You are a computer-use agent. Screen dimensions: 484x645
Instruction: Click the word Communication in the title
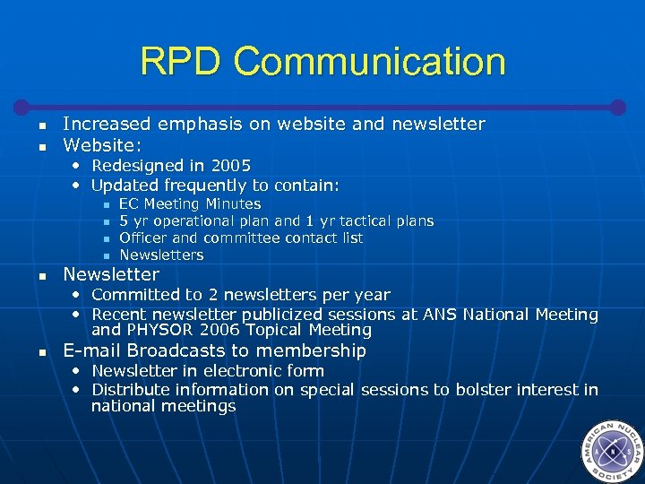tap(370, 62)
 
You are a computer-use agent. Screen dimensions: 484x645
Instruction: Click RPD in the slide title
tap(182, 62)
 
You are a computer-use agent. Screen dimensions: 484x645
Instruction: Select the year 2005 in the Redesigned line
tap(230, 166)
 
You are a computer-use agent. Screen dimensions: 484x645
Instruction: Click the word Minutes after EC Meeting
tap(233, 203)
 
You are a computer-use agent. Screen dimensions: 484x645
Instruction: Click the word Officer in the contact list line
tap(143, 238)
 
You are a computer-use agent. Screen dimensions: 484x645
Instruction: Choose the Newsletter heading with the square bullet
tap(111, 275)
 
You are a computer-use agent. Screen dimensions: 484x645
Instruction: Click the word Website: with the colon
tap(102, 144)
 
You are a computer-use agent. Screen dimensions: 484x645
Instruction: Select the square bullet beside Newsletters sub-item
tap(106, 256)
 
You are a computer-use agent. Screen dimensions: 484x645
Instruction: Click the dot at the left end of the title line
tap(27, 106)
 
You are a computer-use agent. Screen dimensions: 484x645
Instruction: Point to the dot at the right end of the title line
tap(617, 106)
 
